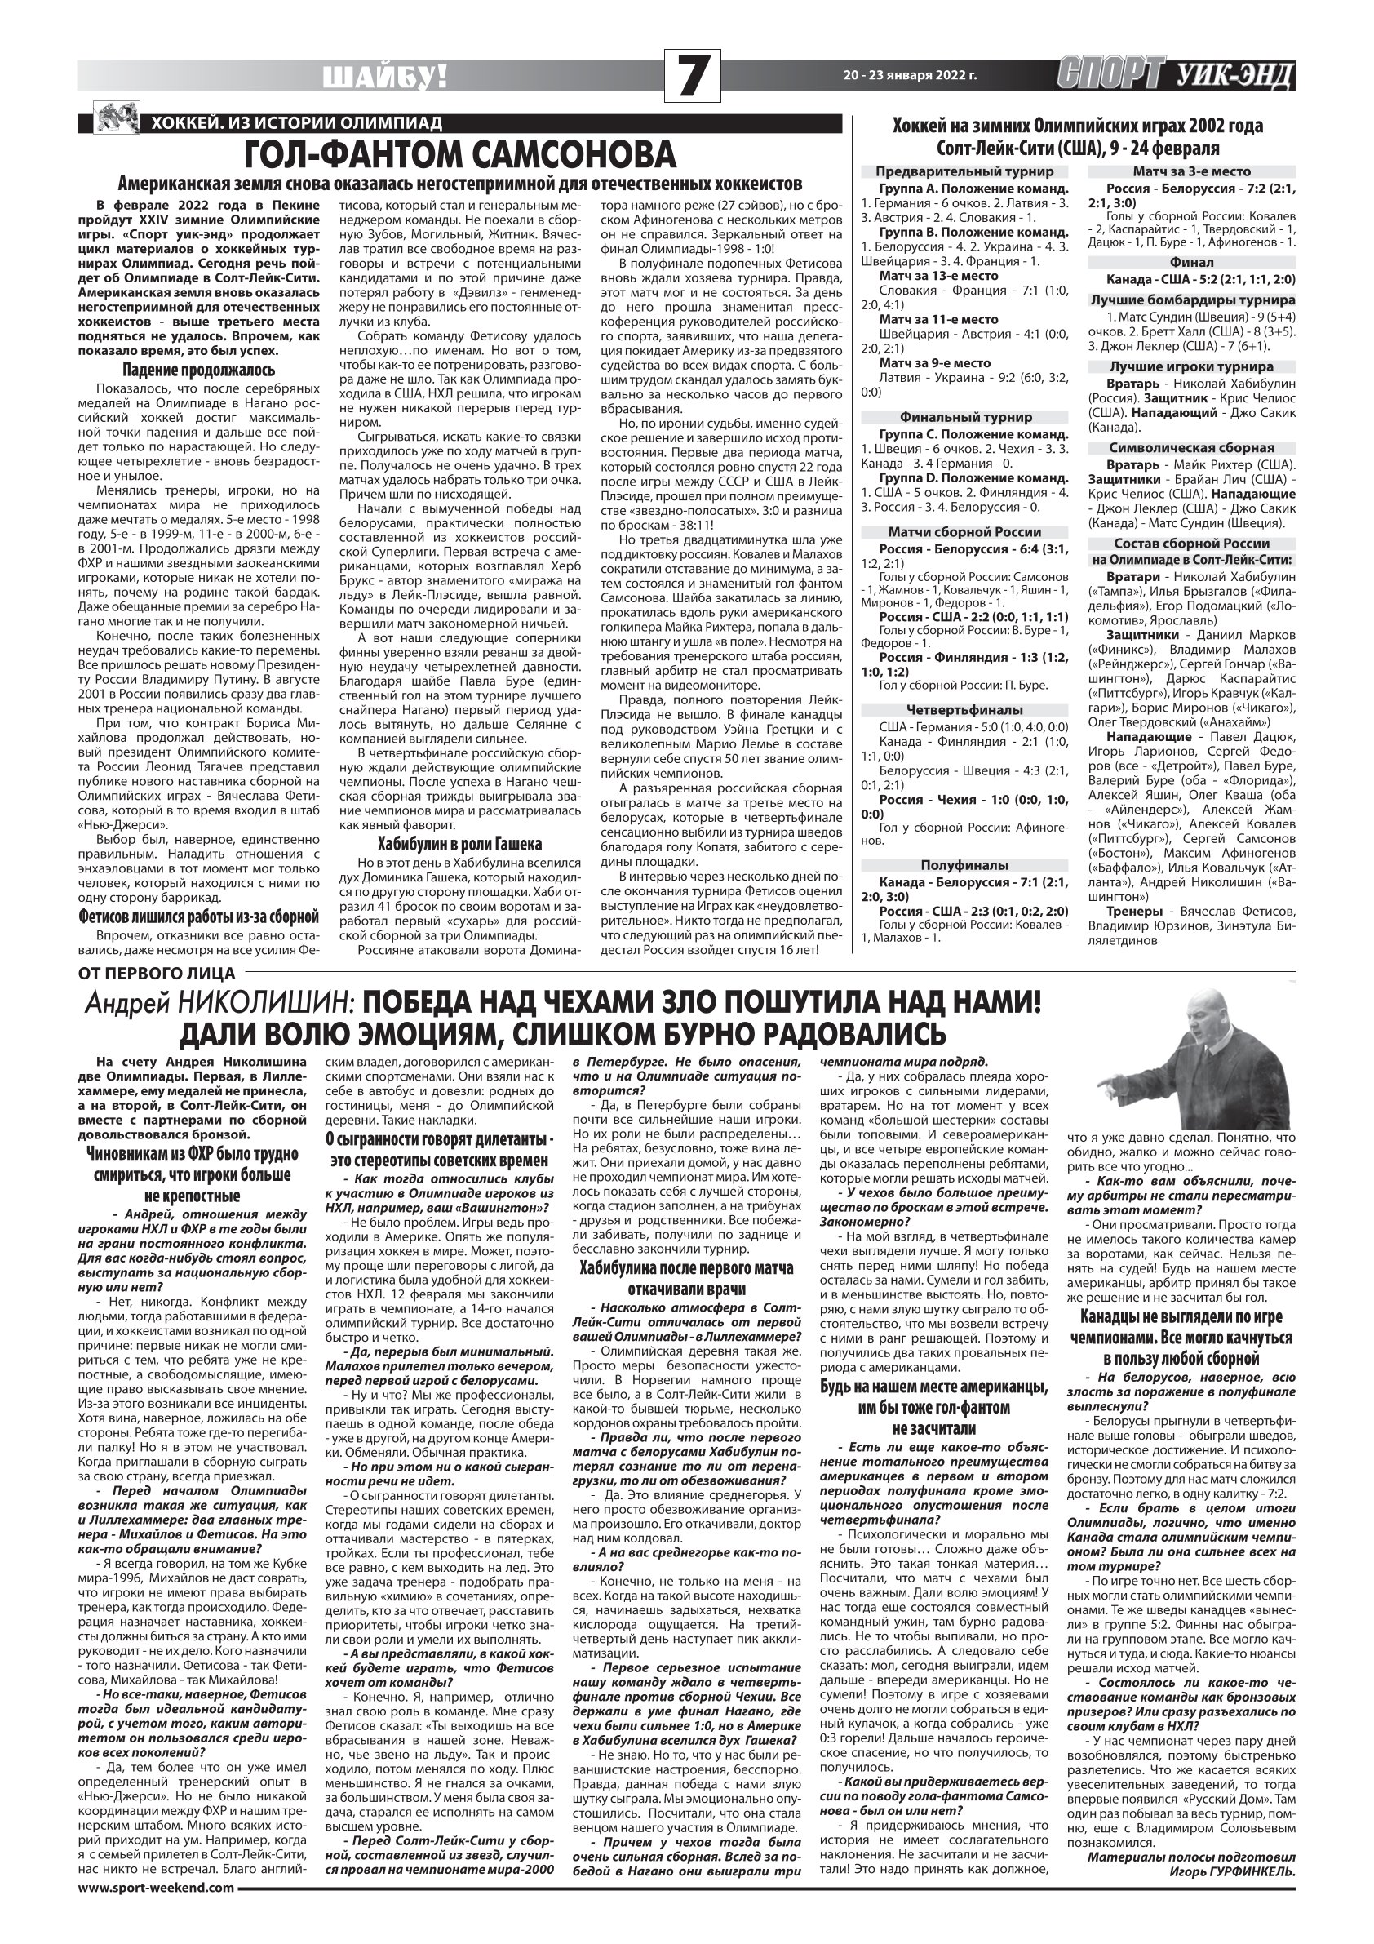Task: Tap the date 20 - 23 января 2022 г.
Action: (910, 75)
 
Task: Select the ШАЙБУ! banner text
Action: (386, 78)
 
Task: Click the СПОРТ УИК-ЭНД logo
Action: (1176, 75)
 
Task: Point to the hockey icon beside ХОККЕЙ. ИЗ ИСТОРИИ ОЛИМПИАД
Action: (114, 119)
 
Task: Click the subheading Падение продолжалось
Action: (199, 370)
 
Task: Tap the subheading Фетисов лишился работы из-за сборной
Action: (199, 917)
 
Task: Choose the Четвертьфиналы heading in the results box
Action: (964, 709)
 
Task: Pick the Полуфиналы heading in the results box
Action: (964, 865)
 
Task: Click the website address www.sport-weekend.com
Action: (156, 1928)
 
